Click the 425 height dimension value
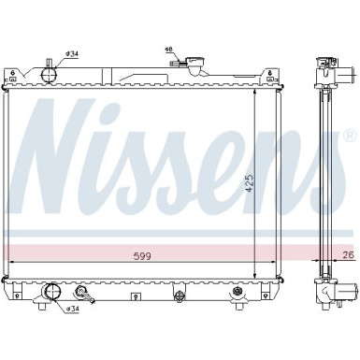pos(250,186)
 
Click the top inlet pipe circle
pos(49,71)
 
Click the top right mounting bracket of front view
pos(274,73)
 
